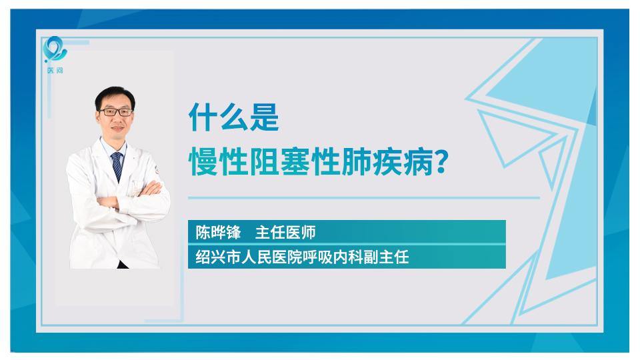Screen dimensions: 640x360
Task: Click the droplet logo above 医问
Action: (55, 49)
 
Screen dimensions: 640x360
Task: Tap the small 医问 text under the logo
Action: (55, 70)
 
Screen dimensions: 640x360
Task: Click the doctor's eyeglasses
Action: (115, 112)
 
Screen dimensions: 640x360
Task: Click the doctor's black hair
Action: (115, 97)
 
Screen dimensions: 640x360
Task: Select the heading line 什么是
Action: (234, 117)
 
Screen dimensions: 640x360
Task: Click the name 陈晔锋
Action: (218, 232)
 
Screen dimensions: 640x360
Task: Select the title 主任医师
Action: (285, 232)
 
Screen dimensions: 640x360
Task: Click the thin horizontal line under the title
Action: (364, 198)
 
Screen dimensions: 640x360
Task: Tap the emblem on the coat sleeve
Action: (156, 170)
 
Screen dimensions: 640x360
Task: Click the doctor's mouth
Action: (117, 129)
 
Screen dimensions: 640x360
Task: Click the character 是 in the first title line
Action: (265, 117)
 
